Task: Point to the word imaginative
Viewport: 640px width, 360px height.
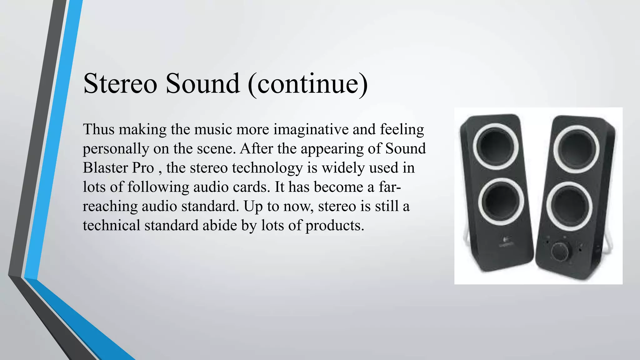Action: (x=311, y=129)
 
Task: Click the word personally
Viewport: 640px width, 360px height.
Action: (x=116, y=149)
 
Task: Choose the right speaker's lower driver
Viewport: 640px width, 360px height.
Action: (x=569, y=205)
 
